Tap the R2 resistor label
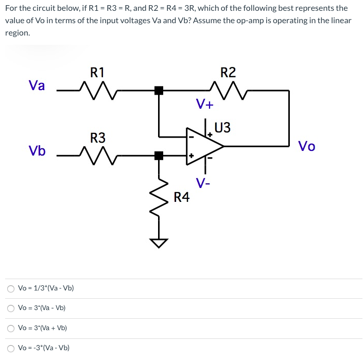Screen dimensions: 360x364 [228, 72]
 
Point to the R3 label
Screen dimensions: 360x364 [97, 138]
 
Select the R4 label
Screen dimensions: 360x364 [181, 196]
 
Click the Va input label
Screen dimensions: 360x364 [37, 85]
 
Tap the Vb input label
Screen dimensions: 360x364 [37, 151]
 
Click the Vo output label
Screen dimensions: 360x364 [307, 146]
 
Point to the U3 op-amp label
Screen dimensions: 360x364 [222, 127]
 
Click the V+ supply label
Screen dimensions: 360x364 [204, 104]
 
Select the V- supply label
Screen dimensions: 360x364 [202, 182]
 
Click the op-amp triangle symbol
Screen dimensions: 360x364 [204, 146]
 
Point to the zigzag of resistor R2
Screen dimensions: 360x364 [228, 90]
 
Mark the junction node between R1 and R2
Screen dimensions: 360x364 [159, 91]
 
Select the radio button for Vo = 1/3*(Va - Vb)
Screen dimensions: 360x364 [11, 288]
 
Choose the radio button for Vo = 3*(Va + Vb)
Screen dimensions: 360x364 [11, 328]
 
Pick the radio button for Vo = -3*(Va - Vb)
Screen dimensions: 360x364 [11, 348]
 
